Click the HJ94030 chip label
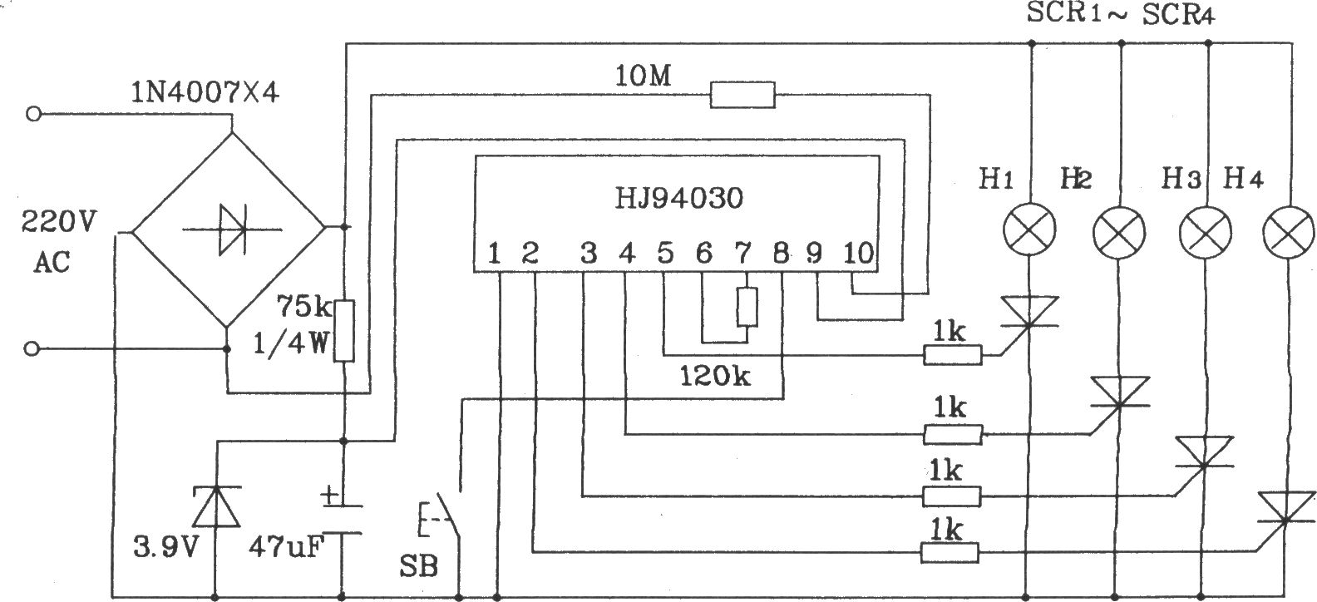tap(679, 198)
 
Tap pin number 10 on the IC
tap(858, 254)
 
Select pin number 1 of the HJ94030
tap(494, 254)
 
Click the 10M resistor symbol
tap(742, 96)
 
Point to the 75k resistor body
tap(344, 330)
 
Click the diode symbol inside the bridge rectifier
tap(232, 229)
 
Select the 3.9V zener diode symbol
tap(217, 506)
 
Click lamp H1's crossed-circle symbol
tap(1029, 229)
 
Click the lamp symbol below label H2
tap(1119, 233)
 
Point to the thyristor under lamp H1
tap(1029, 312)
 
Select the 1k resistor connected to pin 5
tap(953, 355)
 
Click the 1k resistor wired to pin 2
tap(950, 553)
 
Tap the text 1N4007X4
tap(205, 92)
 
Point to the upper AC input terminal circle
tap(33, 113)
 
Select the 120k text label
tap(715, 376)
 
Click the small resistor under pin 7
tap(747, 307)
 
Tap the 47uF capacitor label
tap(286, 548)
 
